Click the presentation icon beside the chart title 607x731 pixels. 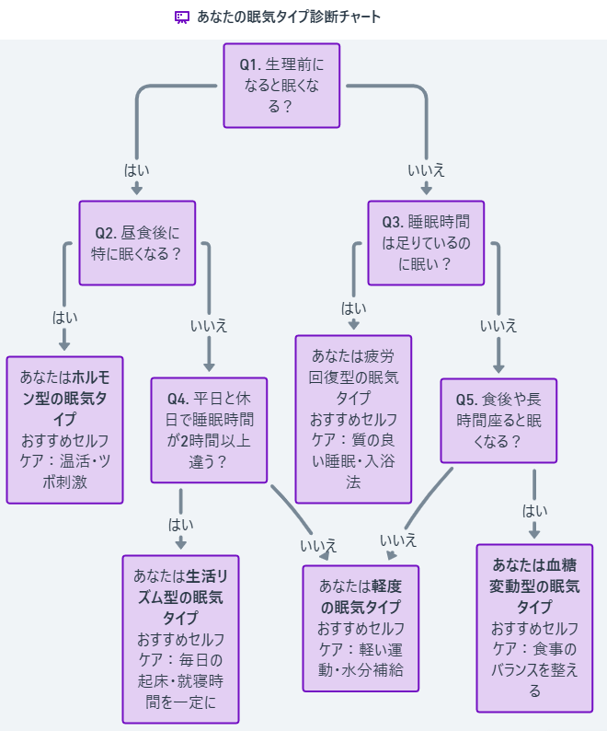pos(182,17)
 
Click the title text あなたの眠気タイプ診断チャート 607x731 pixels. pos(289,17)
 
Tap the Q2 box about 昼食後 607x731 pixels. pos(137,243)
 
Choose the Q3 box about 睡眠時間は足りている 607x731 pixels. pos(426,243)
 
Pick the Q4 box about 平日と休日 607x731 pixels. pos(210,430)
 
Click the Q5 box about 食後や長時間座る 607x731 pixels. pos(498,421)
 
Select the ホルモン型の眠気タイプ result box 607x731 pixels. pos(65,430)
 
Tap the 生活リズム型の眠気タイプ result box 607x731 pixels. pos(180,639)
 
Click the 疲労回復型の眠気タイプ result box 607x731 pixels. pos(354,419)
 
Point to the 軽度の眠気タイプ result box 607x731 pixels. pos(361,628)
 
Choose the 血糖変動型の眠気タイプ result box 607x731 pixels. pos(534,628)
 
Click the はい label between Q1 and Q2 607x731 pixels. pos(137,169)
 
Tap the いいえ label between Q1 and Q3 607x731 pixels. pos(426,169)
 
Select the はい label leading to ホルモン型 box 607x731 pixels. pos(65,317)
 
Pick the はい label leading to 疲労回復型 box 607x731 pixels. pos(354,307)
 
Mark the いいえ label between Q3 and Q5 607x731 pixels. pos(498,326)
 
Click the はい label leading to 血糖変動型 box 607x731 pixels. pos(534,511)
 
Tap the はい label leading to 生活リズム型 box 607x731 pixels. pos(180,524)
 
